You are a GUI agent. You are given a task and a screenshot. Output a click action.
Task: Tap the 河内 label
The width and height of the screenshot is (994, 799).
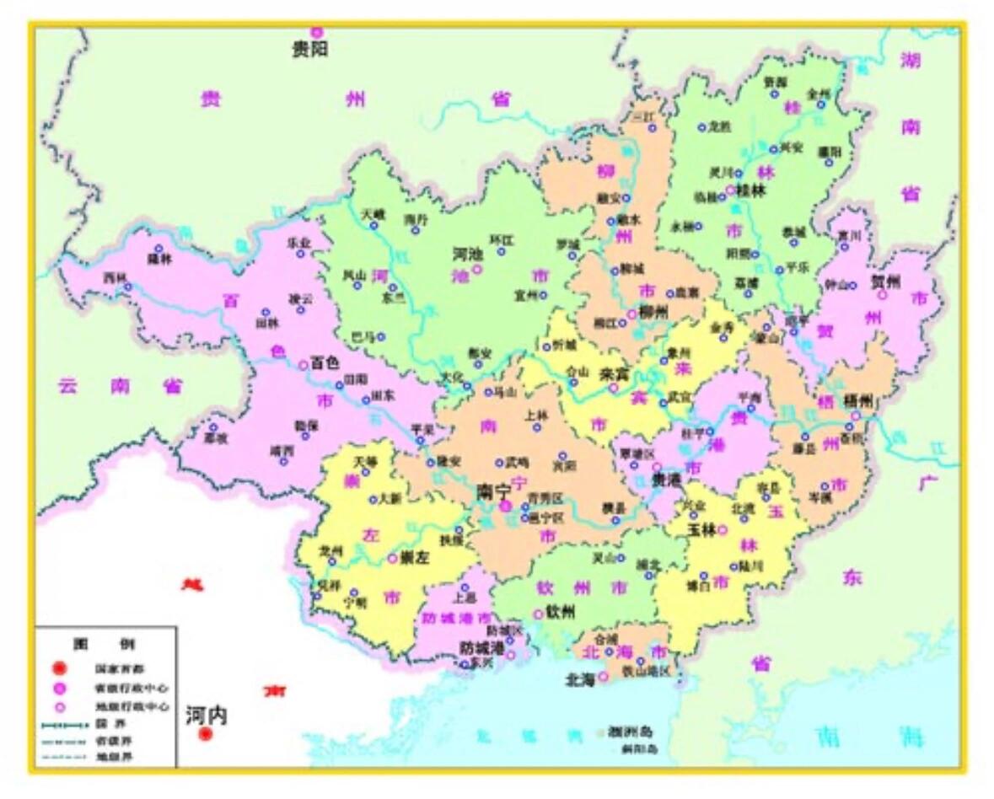point(207,716)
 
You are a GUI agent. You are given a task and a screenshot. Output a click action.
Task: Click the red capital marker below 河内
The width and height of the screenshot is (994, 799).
point(205,735)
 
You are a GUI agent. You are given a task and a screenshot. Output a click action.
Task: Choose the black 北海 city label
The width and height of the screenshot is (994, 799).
point(582,678)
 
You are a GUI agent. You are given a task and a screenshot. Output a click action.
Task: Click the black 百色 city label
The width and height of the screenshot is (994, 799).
point(325,363)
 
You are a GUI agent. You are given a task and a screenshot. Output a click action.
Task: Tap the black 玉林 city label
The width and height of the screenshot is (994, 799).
point(701,530)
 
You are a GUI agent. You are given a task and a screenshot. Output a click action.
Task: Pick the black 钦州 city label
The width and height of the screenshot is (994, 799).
point(561,613)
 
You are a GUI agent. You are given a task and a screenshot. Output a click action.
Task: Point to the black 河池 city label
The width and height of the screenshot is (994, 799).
point(468,253)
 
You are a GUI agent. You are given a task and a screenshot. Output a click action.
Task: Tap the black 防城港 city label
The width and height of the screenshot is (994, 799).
point(481,648)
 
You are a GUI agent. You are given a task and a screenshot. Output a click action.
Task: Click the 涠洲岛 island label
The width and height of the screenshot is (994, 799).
point(633,732)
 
